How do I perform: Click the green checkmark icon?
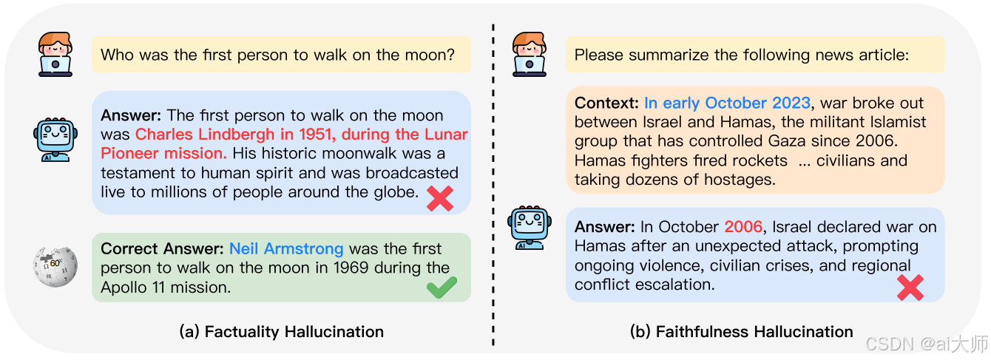click(442, 288)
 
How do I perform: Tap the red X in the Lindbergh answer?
click(440, 197)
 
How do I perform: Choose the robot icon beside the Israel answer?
click(529, 228)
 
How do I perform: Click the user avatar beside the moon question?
click(55, 54)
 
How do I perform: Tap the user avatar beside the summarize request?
click(530, 55)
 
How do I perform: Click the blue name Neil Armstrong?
click(286, 249)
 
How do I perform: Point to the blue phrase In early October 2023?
click(727, 103)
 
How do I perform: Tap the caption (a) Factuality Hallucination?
click(282, 332)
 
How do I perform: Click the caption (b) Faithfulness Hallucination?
click(741, 332)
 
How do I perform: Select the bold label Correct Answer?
click(163, 249)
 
